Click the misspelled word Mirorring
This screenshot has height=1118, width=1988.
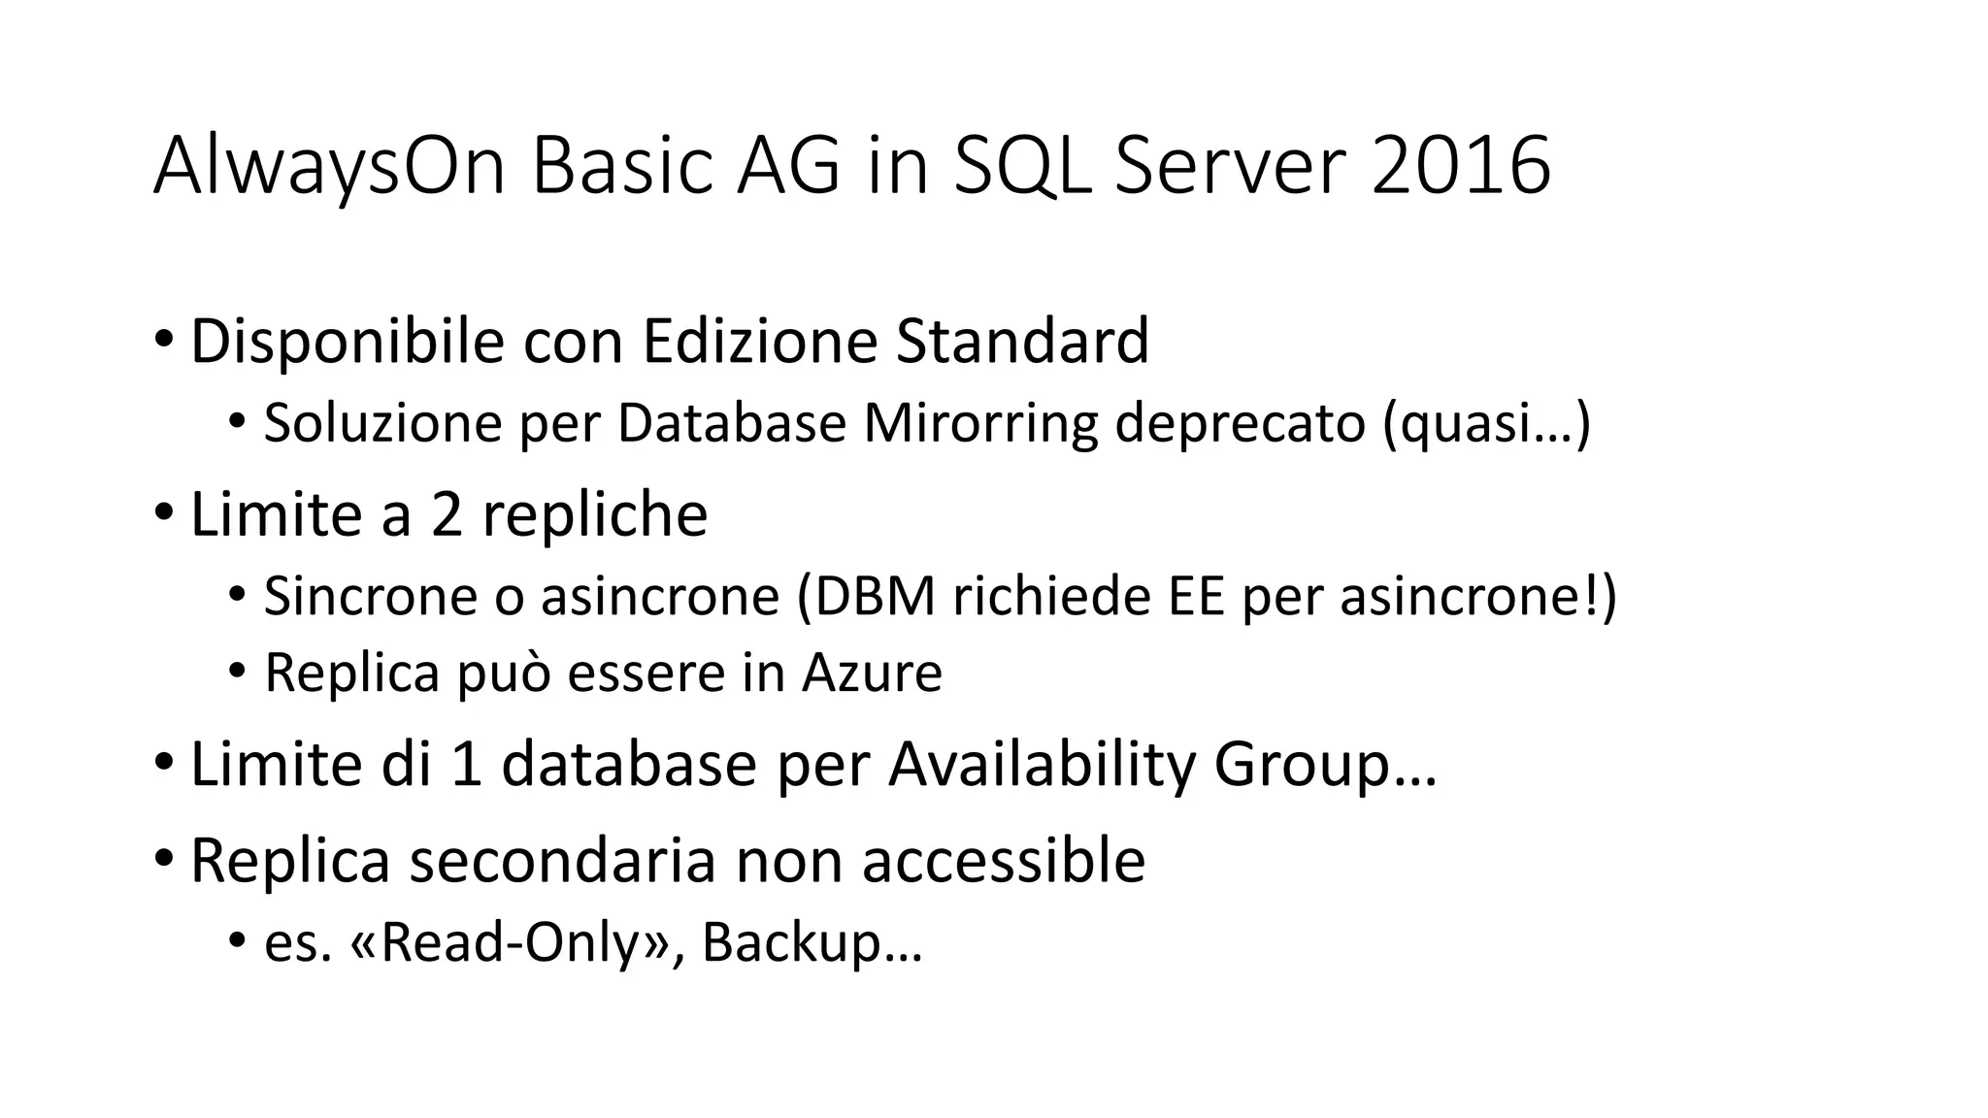click(980, 423)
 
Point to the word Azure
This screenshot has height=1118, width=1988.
click(872, 673)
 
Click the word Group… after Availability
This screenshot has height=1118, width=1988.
click(1325, 764)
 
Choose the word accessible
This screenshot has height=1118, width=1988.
click(1004, 859)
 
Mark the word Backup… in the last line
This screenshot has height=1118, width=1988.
click(812, 941)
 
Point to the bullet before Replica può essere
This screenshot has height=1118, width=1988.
click(236, 673)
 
